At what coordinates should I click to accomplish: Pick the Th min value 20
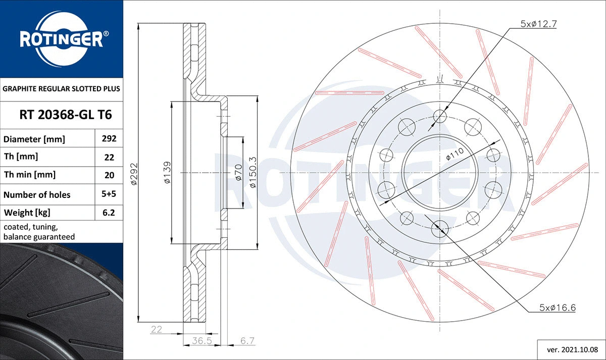(109, 175)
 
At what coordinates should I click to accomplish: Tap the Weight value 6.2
(109, 213)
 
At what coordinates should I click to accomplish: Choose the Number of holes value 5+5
(109, 194)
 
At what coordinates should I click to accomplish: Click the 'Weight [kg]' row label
(27, 213)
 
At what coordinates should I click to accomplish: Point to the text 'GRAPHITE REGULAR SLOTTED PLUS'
(61, 89)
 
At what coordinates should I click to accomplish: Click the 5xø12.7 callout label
(538, 23)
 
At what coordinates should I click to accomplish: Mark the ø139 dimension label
(167, 172)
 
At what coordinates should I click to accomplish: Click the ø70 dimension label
(238, 172)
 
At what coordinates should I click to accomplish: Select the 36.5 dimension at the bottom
(201, 341)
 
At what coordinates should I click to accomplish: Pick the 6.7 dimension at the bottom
(246, 341)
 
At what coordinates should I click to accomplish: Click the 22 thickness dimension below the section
(156, 329)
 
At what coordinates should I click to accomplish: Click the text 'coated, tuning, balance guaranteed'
(39, 232)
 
